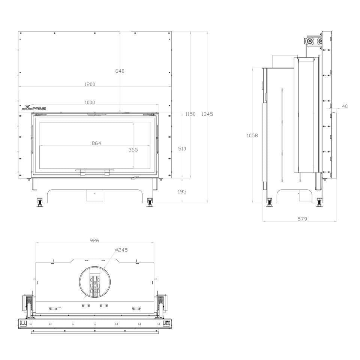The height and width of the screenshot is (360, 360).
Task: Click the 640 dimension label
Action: pyautogui.click(x=120, y=71)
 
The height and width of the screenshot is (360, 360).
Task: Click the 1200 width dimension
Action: pyautogui.click(x=90, y=84)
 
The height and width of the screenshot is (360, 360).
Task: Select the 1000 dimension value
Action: pyautogui.click(x=90, y=102)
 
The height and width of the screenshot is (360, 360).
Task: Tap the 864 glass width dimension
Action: pyautogui.click(x=96, y=143)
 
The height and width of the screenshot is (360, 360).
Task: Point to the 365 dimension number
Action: pyautogui.click(x=133, y=150)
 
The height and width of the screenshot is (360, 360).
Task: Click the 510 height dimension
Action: pyautogui.click(x=182, y=148)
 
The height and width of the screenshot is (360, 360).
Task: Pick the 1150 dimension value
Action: pyautogui.click(x=190, y=114)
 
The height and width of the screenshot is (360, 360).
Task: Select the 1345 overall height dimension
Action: pyautogui.click(x=207, y=114)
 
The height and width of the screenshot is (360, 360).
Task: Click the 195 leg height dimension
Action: pyautogui.click(x=182, y=192)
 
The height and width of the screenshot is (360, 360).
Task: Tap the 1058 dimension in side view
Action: pyautogui.click(x=252, y=135)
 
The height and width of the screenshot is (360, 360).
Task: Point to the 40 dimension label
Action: pyautogui.click(x=345, y=106)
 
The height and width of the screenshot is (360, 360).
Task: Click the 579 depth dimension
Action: pyautogui.click(x=302, y=219)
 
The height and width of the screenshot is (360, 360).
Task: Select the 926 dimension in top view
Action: pyautogui.click(x=94, y=240)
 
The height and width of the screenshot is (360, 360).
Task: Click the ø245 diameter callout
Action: pyautogui.click(x=121, y=250)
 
